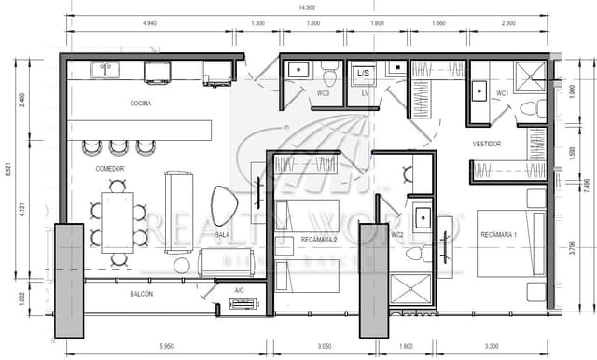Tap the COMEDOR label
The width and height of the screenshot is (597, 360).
(x=110, y=169)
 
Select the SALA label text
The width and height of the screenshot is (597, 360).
(x=222, y=235)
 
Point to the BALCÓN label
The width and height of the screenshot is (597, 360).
(x=142, y=294)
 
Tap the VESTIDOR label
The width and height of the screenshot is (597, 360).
(x=486, y=145)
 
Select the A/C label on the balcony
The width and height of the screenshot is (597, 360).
(x=240, y=291)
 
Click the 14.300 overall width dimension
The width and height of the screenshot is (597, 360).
(x=307, y=7)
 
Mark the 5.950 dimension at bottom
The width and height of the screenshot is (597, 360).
(x=168, y=346)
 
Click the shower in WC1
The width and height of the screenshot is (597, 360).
(x=535, y=74)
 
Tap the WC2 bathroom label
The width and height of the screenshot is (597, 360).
(x=397, y=235)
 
